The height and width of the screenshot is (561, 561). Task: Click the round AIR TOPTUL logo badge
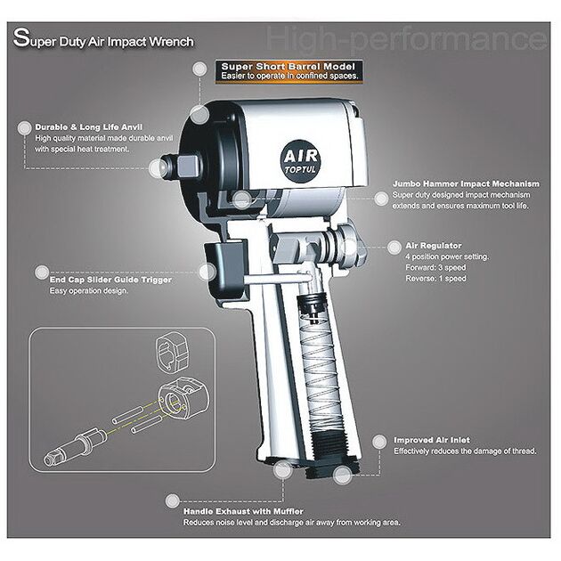(x=300, y=161)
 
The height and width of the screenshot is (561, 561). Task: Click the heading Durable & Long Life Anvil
(x=89, y=127)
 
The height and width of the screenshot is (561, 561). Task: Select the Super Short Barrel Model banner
(x=289, y=71)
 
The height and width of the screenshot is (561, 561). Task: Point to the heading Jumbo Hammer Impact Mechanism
(x=466, y=183)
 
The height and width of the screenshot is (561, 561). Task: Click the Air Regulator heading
(x=434, y=246)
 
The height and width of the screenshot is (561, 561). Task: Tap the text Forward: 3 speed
(x=435, y=268)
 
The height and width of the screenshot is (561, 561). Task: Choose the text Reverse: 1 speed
(x=435, y=279)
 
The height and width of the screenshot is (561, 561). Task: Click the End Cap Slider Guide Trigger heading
(x=110, y=280)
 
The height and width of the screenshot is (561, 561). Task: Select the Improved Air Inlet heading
(x=432, y=440)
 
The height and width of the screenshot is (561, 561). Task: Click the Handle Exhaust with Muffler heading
(x=243, y=511)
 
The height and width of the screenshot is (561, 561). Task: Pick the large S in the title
(x=21, y=37)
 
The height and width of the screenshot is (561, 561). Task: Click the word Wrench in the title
(x=171, y=42)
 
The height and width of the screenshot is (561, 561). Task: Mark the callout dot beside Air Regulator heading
(x=394, y=247)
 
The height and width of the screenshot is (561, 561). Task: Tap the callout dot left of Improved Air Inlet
(x=379, y=442)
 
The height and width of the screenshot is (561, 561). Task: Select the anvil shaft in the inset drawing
(x=75, y=446)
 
